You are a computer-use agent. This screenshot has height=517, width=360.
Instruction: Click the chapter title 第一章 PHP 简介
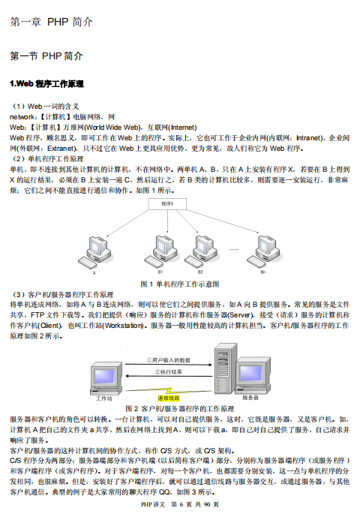coord(51,23)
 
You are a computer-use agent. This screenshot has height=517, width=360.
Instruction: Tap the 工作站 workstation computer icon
coord(103,376)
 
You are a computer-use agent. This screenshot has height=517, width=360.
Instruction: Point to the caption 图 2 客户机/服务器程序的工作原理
coord(180,407)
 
